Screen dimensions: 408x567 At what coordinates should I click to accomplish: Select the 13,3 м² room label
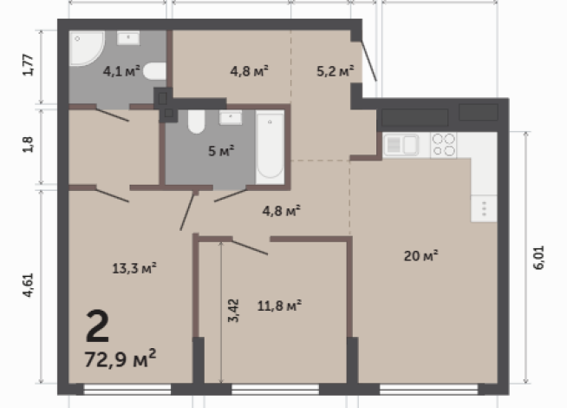[135, 267]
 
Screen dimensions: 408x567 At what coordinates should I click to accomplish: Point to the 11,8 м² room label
[279, 305]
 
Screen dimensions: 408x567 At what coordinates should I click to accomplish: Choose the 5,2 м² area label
[335, 71]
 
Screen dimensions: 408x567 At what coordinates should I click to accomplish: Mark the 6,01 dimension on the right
[538, 259]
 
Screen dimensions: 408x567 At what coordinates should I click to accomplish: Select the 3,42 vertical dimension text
[231, 311]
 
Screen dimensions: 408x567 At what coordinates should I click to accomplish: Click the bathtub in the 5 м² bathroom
[270, 145]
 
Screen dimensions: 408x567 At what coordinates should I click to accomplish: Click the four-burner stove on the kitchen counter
[444, 144]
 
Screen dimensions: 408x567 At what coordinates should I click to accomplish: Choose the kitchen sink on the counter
[401, 144]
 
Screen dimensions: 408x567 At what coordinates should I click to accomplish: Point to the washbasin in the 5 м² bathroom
[231, 117]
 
